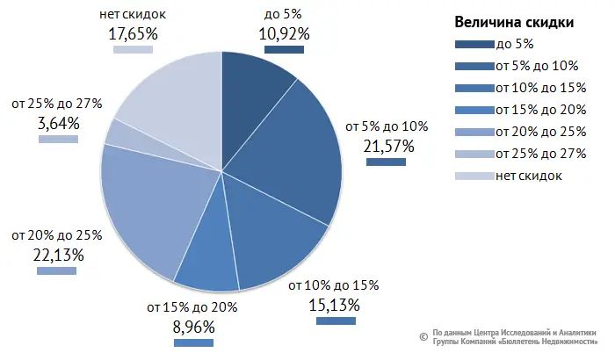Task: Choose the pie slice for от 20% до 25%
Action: click(x=149, y=211)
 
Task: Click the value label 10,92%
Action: click(x=284, y=34)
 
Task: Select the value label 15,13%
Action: click(x=335, y=305)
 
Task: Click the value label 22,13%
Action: click(x=57, y=256)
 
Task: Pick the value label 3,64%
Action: click(x=58, y=124)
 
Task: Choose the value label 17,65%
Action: click(x=133, y=34)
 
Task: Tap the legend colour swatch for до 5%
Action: click(x=474, y=44)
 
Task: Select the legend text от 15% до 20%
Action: click(x=540, y=110)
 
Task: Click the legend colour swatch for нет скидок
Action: click(x=474, y=176)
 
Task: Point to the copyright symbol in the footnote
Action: click(x=423, y=335)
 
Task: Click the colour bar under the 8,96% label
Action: click(x=194, y=342)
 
